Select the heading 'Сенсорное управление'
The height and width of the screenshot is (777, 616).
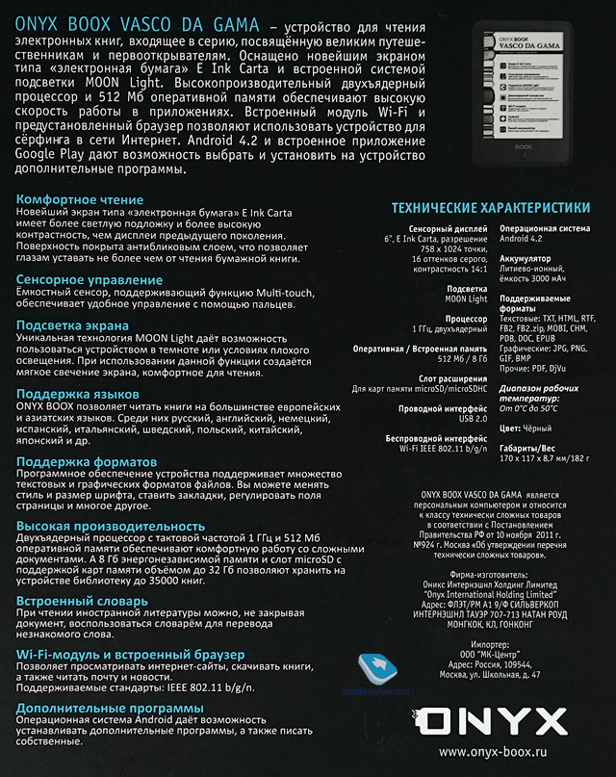[90, 280]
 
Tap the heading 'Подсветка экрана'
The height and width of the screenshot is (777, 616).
[75, 325]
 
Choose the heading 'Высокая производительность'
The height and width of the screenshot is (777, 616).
[111, 526]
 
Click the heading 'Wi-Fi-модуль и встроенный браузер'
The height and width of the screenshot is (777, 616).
[125, 654]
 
